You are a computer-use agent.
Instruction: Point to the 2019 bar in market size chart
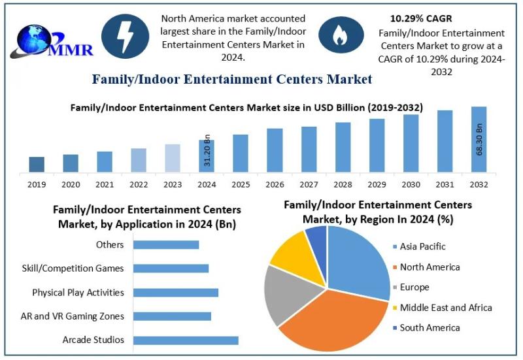(37, 165)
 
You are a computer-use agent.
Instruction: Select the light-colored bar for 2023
(172, 158)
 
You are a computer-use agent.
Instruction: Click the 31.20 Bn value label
(207, 150)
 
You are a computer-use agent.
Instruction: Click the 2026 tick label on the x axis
(275, 185)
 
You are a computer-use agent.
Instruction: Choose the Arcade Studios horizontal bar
(186, 340)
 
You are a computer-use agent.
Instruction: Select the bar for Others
(166, 244)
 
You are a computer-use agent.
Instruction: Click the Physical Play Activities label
(78, 292)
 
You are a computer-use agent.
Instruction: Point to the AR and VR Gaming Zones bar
(172, 316)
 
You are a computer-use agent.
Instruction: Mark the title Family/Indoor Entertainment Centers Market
(232, 80)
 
